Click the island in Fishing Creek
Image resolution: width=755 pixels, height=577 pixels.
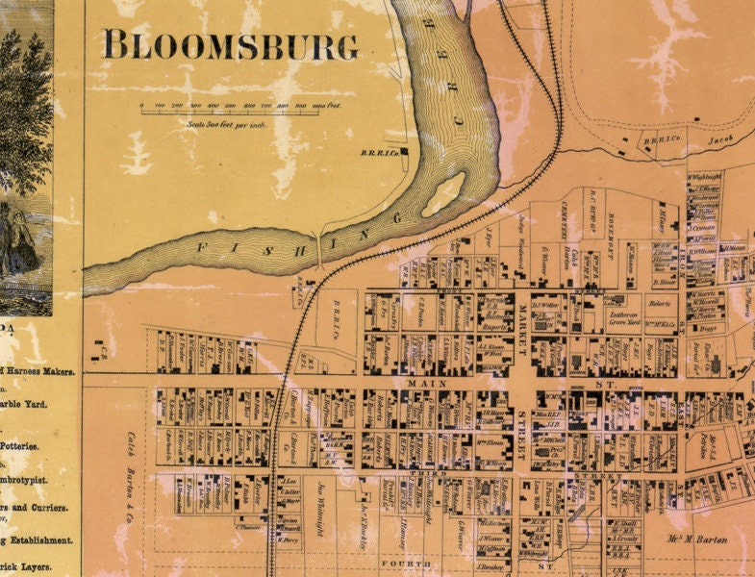pyautogui.click(x=444, y=193)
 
